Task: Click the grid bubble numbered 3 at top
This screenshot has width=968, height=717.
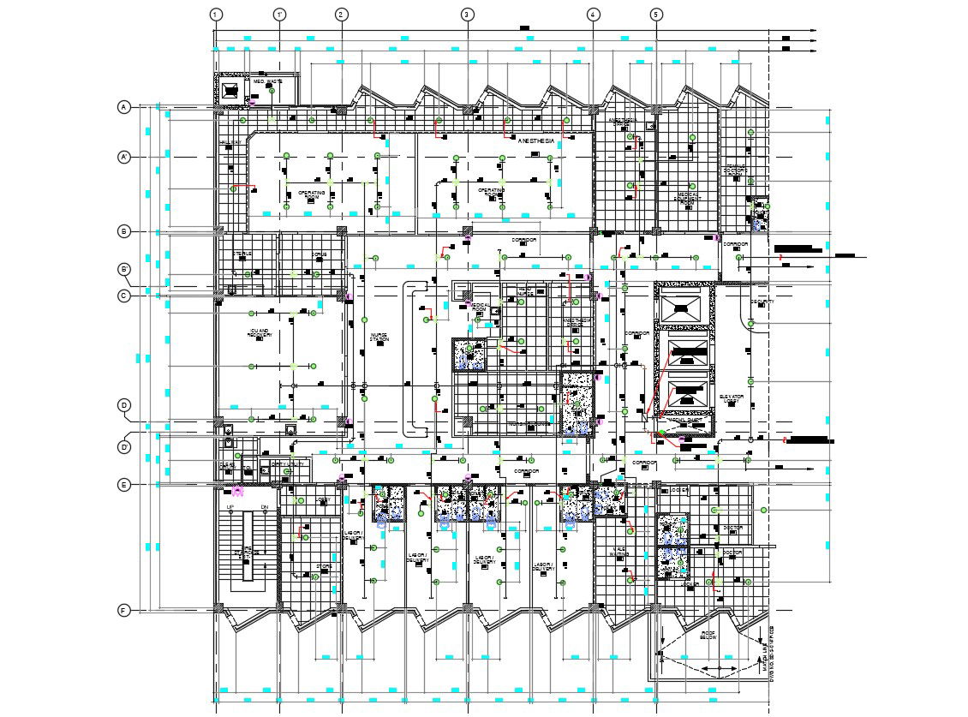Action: point(467,15)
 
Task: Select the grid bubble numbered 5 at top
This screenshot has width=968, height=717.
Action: point(656,15)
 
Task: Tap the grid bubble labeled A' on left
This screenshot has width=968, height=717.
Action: point(124,158)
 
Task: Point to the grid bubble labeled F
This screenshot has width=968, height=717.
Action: point(124,611)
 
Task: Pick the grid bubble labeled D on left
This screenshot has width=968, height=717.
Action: point(124,405)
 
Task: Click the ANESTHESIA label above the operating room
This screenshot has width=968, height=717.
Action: point(536,139)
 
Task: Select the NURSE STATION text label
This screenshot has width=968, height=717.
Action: point(379,338)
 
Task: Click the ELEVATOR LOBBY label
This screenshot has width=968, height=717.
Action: point(731,399)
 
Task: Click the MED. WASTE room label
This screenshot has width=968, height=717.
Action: point(267,81)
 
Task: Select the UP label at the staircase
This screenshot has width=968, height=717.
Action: point(230,508)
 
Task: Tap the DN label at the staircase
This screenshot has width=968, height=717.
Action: point(264,508)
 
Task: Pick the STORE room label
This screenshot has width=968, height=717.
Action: point(323,565)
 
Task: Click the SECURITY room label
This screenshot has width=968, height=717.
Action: point(762,302)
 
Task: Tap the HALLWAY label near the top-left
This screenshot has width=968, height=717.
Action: point(230,142)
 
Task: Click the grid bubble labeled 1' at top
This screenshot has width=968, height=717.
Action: point(279,15)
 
